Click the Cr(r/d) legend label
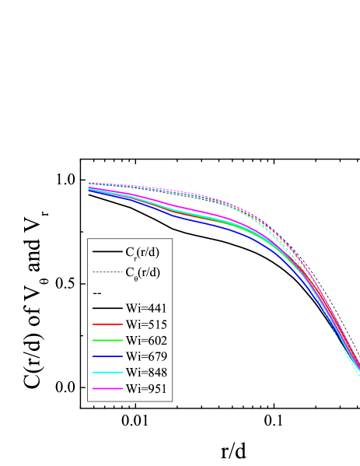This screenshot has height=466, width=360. click(x=142, y=252)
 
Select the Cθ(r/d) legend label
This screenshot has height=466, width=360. click(x=142, y=272)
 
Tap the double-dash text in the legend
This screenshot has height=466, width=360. click(x=97, y=293)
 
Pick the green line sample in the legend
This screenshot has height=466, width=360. click(x=106, y=341)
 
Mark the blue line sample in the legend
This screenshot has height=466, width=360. click(x=106, y=357)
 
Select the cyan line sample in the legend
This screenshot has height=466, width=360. click(x=106, y=373)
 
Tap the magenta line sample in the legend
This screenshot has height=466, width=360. click(x=106, y=390)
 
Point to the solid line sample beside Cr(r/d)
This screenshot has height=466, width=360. click(x=106, y=252)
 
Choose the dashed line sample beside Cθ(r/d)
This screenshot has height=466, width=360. click(x=106, y=272)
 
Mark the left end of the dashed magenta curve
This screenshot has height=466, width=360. click(x=89, y=183)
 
